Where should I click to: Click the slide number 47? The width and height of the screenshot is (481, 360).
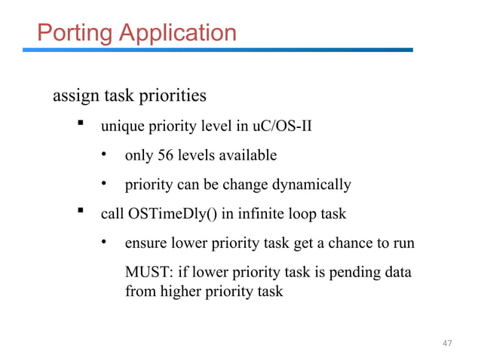447,343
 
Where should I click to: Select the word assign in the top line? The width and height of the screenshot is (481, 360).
74,97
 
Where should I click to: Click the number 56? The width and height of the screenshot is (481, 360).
166,156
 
